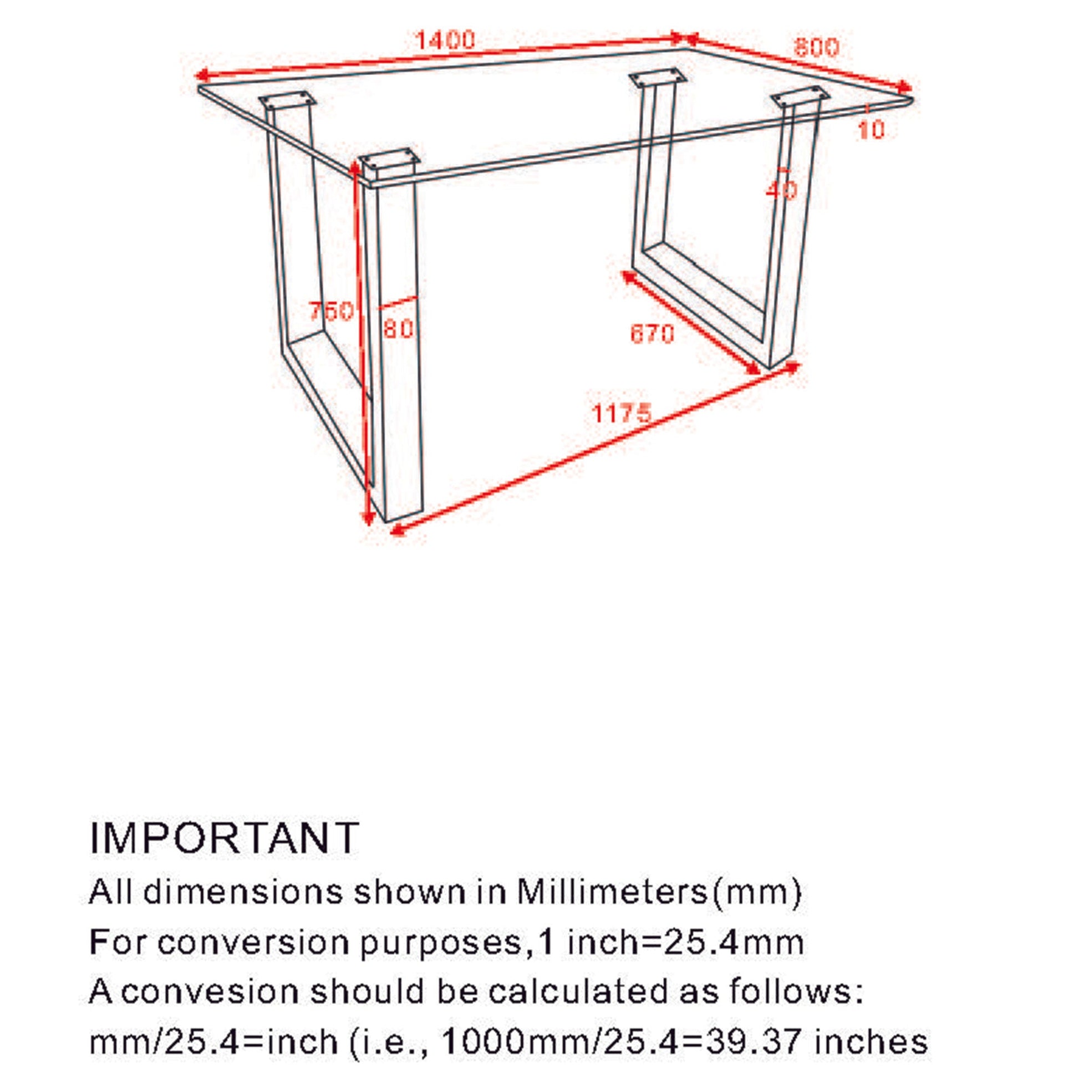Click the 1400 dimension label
click(445, 40)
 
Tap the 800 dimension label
click(816, 48)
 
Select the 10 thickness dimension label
click(871, 130)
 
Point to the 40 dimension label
click(781, 190)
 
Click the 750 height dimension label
click(331, 311)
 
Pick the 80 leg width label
click(398, 329)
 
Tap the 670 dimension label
click(652, 334)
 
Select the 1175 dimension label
click(621, 414)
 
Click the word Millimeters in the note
click(612, 892)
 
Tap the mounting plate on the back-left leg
click(287, 100)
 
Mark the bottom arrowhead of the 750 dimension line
click(368, 520)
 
